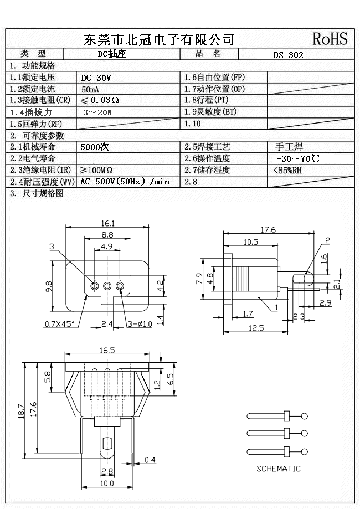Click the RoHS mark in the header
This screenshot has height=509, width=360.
pos(330,38)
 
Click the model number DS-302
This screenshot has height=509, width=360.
pos(288,55)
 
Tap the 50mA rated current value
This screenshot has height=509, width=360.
pos(91,89)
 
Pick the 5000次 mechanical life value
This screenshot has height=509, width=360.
pos(95,147)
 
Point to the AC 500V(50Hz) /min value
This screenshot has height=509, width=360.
pos(125,182)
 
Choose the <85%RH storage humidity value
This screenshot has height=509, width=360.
pos(288,170)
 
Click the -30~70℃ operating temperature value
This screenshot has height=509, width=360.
pos(297,159)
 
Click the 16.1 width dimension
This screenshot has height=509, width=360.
pos(107,224)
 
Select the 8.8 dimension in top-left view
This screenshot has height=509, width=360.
pos(107,235)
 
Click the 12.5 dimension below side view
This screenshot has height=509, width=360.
pos(255,328)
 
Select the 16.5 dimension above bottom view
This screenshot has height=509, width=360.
pos(107,351)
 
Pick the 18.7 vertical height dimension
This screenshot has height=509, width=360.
pos(19,410)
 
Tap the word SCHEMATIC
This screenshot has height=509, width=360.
pos(278,469)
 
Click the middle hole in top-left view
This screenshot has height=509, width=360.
pos(107,286)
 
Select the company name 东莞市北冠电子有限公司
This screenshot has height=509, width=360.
pos(159,39)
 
